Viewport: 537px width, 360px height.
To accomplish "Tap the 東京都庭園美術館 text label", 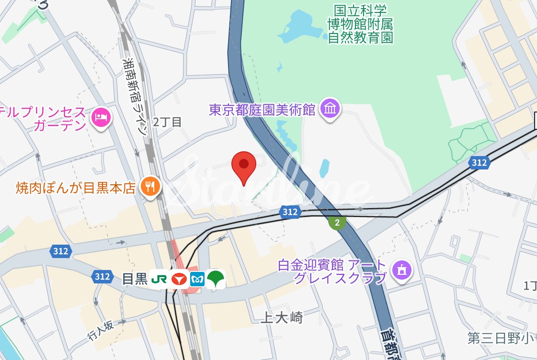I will point(262,110).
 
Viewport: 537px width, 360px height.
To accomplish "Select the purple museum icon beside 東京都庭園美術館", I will point(331,109).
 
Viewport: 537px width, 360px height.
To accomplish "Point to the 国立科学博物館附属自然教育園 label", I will point(360,24).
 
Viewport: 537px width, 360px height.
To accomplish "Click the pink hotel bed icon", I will point(101,117).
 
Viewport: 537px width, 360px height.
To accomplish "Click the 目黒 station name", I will point(135,279).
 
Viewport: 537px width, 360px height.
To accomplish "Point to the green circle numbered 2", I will point(338,222).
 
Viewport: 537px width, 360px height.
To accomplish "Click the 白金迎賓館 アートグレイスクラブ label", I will point(332,271).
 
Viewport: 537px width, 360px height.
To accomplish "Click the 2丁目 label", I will point(167,122).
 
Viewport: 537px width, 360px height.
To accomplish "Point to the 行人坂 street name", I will point(101,330).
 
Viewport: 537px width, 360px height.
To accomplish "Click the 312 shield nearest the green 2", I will point(290,212).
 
